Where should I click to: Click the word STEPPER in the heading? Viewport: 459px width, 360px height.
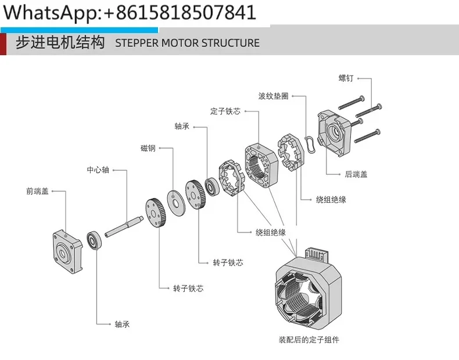(x=137, y=43)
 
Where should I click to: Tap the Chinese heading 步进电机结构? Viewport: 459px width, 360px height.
(x=60, y=42)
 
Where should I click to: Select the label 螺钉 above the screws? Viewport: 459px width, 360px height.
(x=346, y=78)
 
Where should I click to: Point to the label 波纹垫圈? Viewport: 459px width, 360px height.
(x=274, y=96)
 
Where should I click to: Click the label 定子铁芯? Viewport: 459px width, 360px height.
(x=225, y=111)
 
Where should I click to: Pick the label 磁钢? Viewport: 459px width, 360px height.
(x=148, y=148)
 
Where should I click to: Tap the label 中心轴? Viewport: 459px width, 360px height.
(x=98, y=170)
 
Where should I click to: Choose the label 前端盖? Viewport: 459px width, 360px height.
(x=37, y=191)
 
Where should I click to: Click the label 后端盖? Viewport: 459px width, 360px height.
(x=356, y=174)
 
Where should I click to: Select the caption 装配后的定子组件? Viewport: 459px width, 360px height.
(x=309, y=340)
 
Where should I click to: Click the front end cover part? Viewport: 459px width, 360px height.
(x=67, y=251)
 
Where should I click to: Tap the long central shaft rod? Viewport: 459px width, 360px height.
(x=124, y=226)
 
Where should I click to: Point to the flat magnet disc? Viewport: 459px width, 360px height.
(x=176, y=203)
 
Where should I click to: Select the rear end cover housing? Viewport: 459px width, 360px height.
(x=334, y=133)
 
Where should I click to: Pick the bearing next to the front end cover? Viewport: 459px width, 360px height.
(x=94, y=241)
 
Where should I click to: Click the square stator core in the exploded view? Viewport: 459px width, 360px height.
(x=261, y=165)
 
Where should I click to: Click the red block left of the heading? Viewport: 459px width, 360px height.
(x=3, y=44)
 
